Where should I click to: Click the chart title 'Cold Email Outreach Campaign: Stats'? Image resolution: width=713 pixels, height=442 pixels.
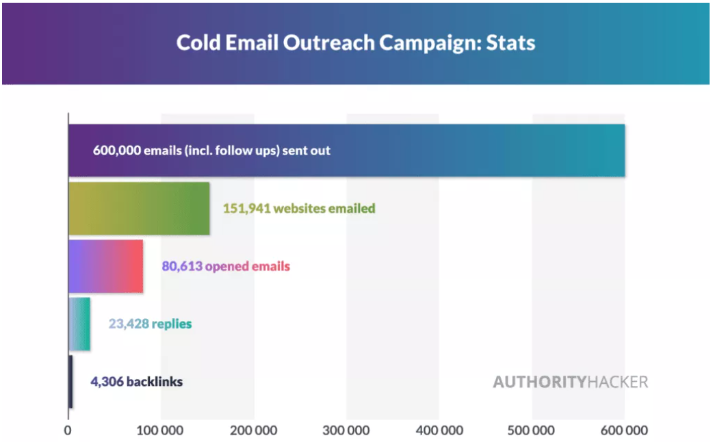coord(356,42)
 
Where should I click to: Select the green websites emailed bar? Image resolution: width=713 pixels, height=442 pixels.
coord(139,208)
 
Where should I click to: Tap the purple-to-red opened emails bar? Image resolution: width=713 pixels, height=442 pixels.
coord(105,266)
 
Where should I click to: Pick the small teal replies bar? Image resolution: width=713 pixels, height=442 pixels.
coord(79,324)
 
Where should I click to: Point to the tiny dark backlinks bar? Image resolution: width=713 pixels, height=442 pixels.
coord(70,382)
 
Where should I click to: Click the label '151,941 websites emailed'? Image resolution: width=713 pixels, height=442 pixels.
coord(299,208)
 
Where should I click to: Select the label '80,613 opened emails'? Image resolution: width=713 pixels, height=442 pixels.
coord(226,266)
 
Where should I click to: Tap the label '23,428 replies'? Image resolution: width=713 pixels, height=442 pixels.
coord(150,324)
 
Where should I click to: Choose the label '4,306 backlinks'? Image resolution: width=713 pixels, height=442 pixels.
coord(136,382)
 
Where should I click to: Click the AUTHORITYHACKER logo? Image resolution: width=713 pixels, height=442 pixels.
coord(570,382)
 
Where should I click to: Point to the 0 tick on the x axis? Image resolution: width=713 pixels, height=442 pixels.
coord(68,430)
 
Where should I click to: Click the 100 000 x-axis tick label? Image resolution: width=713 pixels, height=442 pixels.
coord(161,430)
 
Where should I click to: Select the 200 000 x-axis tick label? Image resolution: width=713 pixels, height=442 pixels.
coord(254,430)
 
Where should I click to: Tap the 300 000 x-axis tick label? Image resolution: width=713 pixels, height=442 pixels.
coord(347,430)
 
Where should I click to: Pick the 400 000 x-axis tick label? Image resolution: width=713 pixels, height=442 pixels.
coord(440,430)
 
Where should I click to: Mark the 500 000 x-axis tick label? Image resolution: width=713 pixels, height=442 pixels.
coord(532,430)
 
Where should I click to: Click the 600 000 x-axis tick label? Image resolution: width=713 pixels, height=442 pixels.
coord(625,430)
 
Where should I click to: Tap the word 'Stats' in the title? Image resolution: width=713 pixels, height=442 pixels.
coord(511,42)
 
